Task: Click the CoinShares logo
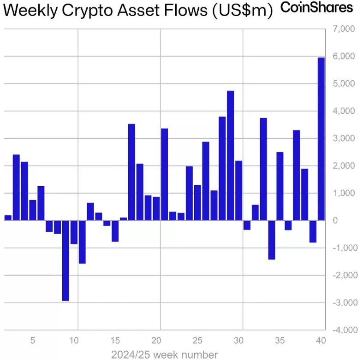[x=316, y=8]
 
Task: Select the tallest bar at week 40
[x=321, y=138]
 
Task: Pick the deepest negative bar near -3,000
[x=65, y=260]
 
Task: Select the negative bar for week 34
[x=272, y=240]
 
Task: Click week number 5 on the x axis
[x=32, y=342]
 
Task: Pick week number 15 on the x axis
[x=115, y=342]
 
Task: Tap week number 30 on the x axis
[x=238, y=342]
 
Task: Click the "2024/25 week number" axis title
[x=165, y=354]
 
